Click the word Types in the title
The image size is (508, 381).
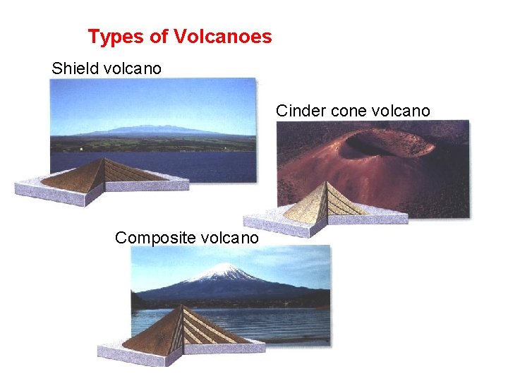(x=110, y=37)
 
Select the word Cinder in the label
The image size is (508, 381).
(x=297, y=111)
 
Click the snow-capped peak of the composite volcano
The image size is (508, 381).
(x=224, y=270)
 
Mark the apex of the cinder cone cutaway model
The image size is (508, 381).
(x=325, y=182)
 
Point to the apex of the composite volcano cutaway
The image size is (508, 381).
(x=183, y=306)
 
